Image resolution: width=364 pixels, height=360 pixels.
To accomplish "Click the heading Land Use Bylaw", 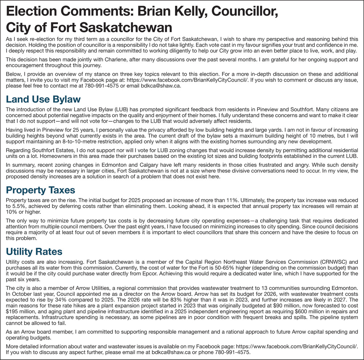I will point(43,99).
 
